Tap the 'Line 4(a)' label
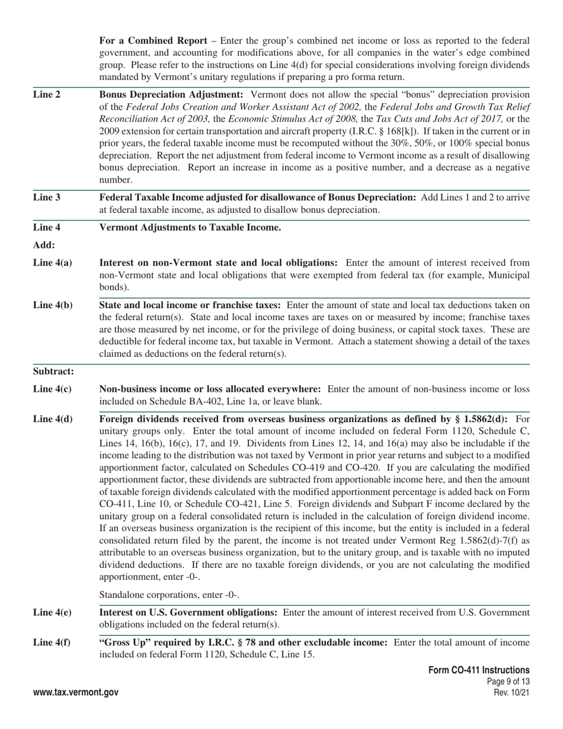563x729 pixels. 53,263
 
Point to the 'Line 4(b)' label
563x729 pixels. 53,305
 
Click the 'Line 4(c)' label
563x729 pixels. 53,389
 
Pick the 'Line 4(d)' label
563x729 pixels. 53,419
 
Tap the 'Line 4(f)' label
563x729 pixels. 52,642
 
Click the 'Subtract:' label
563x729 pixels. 54,372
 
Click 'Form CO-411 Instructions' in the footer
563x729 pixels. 479,670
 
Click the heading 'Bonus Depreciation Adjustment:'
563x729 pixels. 171,95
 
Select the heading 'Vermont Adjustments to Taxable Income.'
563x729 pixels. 190,228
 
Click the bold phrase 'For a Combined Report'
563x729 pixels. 153,41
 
